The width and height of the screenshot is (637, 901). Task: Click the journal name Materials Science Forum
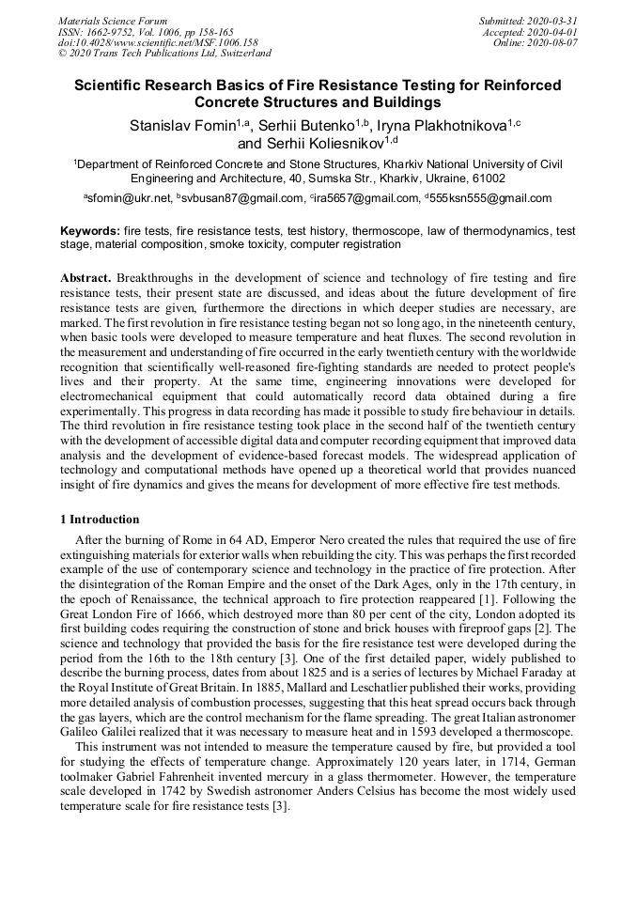(113, 21)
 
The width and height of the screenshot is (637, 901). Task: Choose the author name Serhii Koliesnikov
(318, 144)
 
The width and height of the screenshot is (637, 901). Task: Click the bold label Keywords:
(89, 230)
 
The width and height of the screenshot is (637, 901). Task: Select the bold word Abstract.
(86, 279)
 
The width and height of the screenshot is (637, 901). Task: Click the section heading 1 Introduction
(100, 520)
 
